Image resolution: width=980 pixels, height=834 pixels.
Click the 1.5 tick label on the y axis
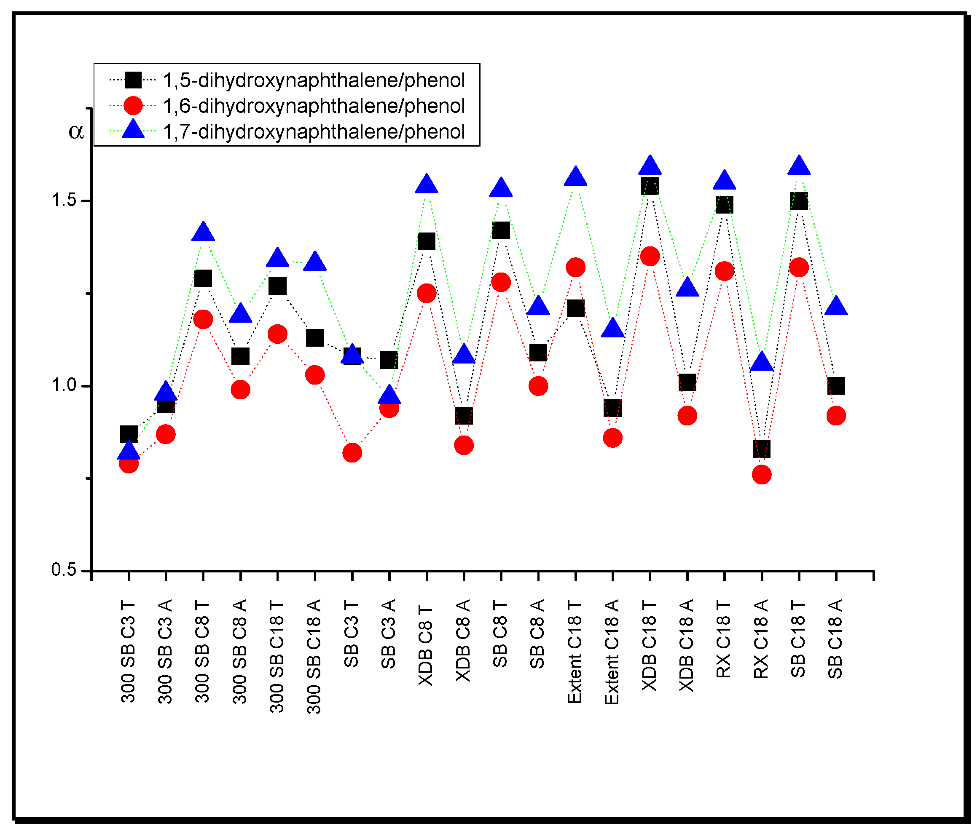coord(64,200)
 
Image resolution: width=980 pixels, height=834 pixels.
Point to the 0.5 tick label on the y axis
coord(64,570)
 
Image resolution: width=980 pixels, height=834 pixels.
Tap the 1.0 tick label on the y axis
coord(64,385)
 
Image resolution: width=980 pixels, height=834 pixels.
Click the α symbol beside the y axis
coord(76,131)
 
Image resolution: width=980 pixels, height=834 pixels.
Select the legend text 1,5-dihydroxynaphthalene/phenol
coord(314,80)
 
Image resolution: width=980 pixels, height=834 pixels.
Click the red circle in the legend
coord(133,105)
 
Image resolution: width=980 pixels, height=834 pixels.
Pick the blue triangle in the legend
coord(133,129)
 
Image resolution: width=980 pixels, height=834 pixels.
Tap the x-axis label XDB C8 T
coord(426,645)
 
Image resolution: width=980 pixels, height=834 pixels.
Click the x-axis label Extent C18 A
coord(612,652)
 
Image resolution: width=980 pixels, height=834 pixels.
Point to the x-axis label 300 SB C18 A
coord(314,656)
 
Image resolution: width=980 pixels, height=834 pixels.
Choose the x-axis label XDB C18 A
coord(687,645)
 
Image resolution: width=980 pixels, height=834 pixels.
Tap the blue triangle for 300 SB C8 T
coord(203,232)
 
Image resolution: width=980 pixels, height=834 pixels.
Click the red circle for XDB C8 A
coord(464,445)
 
